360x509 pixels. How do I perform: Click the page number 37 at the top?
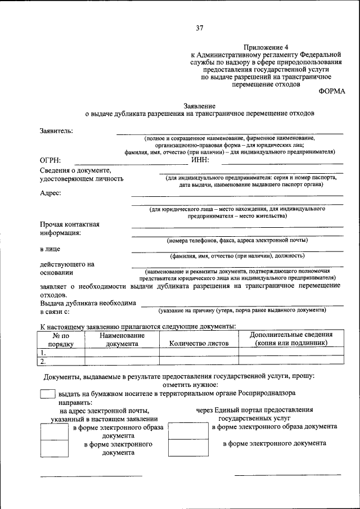[x=199, y=29]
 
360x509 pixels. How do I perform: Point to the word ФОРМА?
[x=332, y=91]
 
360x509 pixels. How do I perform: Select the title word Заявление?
[x=199, y=105]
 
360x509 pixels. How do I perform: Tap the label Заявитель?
[x=56, y=130]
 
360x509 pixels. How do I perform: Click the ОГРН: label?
[x=51, y=160]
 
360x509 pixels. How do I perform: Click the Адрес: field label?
[x=51, y=193]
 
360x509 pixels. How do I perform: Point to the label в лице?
[x=50, y=248]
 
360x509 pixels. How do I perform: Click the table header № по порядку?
[x=60, y=339]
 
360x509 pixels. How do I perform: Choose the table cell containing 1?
[x=60, y=352]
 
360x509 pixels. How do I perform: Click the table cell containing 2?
[x=60, y=361]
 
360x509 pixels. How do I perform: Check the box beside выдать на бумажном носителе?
[x=48, y=394]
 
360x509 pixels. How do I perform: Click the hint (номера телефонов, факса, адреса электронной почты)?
[x=237, y=240]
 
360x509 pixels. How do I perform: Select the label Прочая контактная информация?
[x=70, y=228]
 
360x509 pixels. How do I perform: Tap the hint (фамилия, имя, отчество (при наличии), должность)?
[x=237, y=255]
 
